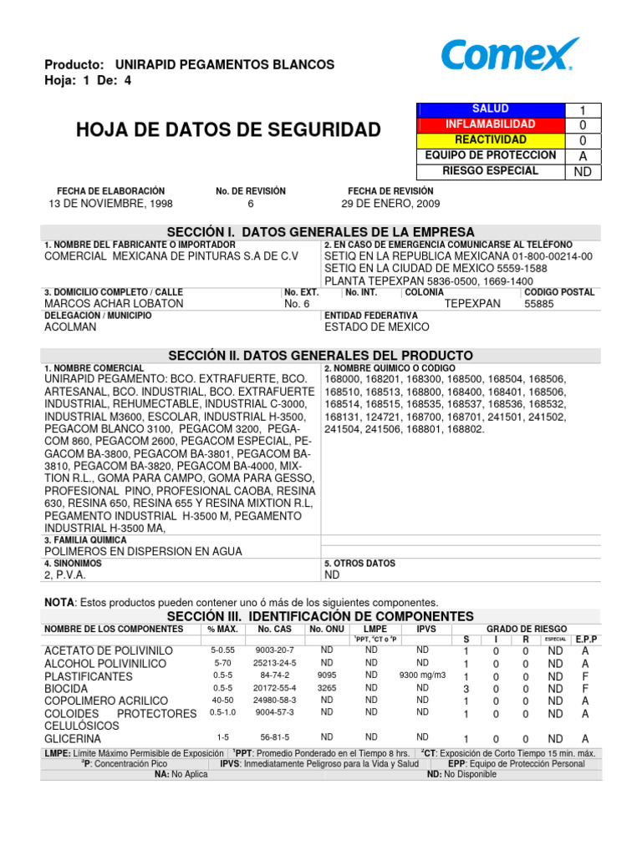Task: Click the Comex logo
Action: tap(509, 55)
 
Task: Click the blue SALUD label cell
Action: tap(490, 109)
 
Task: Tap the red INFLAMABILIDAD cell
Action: tap(490, 124)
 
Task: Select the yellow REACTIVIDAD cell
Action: tap(490, 139)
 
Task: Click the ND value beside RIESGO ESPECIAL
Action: tap(582, 172)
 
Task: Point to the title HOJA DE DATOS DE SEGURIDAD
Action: tap(227, 129)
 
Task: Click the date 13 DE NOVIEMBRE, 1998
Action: tap(110, 204)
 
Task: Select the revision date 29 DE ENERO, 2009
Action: tap(390, 204)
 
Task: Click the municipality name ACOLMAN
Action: tap(70, 327)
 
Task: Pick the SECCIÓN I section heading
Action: tap(320, 231)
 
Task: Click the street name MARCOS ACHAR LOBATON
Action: tap(114, 304)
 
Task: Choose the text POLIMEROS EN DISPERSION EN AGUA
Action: tap(143, 552)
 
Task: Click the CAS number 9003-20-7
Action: tap(274, 650)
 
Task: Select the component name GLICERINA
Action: tap(73, 739)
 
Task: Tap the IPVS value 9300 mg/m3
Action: tap(422, 675)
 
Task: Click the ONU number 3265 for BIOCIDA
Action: tap(327, 687)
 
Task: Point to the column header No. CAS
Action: tap(274, 629)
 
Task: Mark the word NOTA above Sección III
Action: tap(59, 602)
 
